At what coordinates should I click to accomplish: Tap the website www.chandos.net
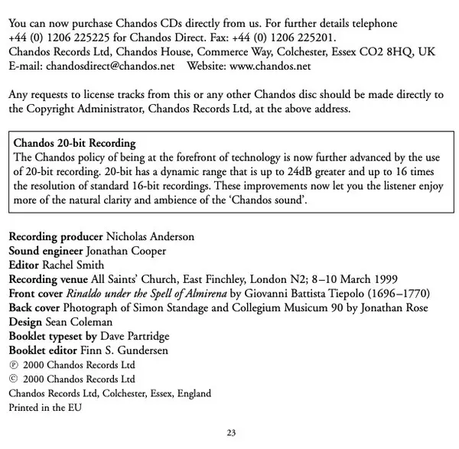coord(270,67)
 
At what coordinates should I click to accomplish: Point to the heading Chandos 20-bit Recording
coord(75,143)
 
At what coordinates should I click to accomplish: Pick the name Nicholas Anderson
coord(150,236)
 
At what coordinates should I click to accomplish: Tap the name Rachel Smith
coord(71,265)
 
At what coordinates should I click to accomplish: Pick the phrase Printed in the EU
coord(45,408)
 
